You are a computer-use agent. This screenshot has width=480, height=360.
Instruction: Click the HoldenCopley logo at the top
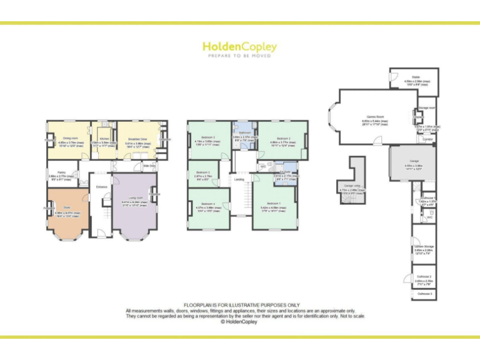tap(239, 47)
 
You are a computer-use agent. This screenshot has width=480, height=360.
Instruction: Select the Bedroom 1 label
tap(274, 203)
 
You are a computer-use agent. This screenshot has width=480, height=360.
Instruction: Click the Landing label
tap(239, 179)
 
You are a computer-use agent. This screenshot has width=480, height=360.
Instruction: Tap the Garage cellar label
tap(352, 186)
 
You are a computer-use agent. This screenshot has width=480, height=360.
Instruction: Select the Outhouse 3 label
tap(424, 293)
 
